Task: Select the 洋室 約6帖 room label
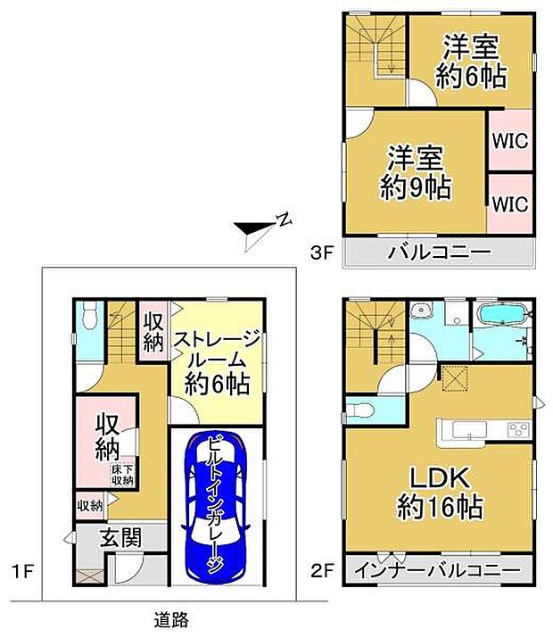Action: pos(471,62)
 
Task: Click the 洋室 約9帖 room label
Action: pos(415,172)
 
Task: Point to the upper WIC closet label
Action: pos(510,141)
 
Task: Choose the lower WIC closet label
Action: pos(510,203)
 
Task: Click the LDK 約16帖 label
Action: pos(440,493)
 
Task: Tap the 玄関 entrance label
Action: pos(120,537)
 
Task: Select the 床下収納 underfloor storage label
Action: pos(123,475)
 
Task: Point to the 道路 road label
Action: pos(171,620)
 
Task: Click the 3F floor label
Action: pos(322,253)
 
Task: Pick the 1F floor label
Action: pos(22,572)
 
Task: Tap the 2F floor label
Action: pos(322,570)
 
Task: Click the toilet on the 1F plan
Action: pos(89,315)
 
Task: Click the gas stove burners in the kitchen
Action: pos(519,430)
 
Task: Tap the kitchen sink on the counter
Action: pos(470,430)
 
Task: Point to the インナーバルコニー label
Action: pos(438,570)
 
